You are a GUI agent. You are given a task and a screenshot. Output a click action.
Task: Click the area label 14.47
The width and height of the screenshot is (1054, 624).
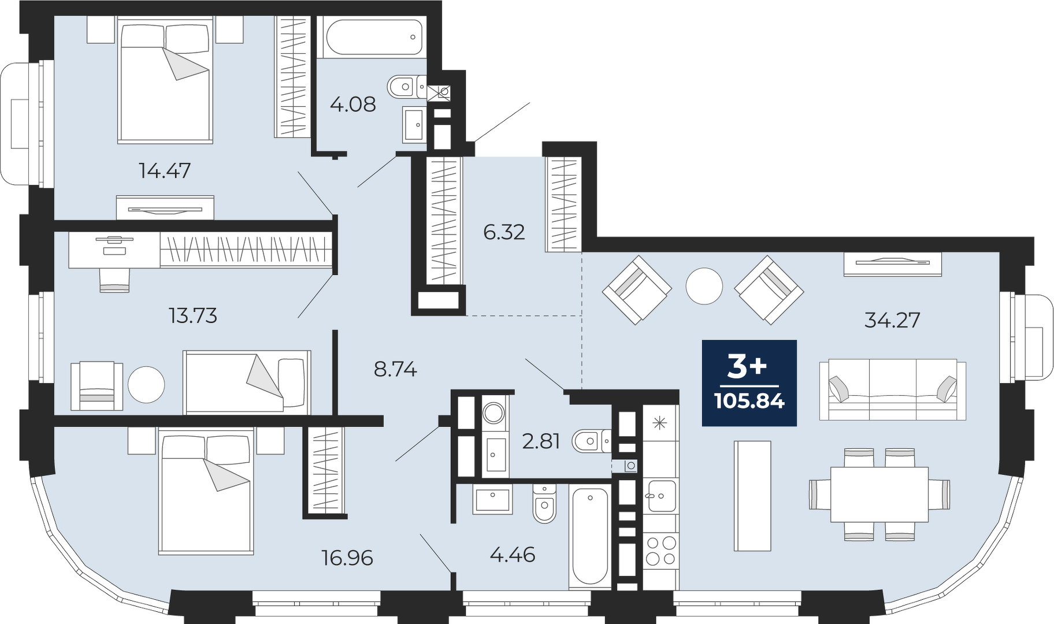[165, 170]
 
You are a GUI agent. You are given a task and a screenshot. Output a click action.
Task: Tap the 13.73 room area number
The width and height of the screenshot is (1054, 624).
[193, 315]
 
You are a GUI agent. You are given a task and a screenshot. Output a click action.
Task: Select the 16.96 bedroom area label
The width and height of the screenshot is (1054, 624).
[347, 558]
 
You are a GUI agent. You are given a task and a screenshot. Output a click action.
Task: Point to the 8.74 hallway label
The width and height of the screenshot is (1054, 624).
[395, 369]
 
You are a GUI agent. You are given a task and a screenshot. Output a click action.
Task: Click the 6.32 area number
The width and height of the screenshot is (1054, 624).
[504, 232]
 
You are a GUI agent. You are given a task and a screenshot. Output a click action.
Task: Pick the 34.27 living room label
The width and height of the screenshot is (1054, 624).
[892, 320]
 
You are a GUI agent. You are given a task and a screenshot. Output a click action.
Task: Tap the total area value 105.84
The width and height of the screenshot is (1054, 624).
[749, 400]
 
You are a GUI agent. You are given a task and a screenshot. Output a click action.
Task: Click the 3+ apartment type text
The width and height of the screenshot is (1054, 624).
[747, 367]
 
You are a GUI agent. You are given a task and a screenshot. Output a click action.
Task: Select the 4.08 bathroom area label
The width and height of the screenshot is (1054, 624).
[353, 105]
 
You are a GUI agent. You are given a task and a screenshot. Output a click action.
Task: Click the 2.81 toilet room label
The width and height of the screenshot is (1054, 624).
[541, 441]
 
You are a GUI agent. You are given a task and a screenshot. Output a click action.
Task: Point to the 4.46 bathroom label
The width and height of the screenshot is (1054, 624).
[513, 555]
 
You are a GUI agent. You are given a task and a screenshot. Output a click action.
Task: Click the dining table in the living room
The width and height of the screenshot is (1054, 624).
[879, 494]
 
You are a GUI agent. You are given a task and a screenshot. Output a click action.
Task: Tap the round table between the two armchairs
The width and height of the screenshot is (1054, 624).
[704, 286]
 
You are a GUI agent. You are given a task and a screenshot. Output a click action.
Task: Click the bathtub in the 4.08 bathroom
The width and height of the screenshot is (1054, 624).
[374, 37]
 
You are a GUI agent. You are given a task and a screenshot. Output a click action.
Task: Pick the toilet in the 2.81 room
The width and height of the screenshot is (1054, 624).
[591, 441]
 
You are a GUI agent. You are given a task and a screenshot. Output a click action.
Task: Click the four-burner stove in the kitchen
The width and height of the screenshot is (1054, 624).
[661, 551]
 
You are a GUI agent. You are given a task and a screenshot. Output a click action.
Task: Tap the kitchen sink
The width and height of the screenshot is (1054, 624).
[661, 496]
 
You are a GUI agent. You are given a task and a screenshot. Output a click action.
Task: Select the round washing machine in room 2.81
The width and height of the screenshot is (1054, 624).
[494, 413]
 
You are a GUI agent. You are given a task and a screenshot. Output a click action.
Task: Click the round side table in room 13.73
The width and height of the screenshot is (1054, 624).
[146, 385]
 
